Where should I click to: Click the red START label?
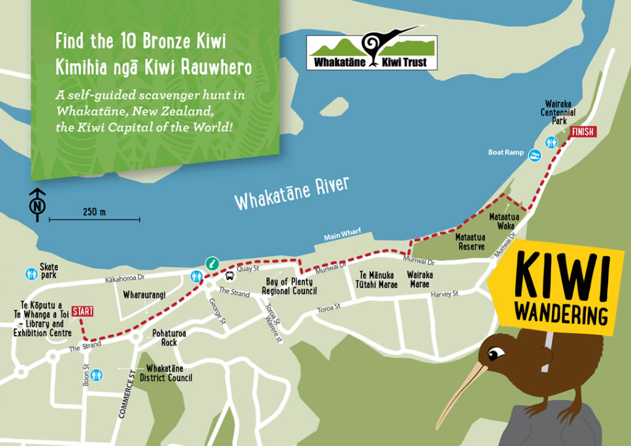coord(83,311)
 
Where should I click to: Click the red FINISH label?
coord(583,132)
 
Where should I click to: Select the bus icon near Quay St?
coord(230,276)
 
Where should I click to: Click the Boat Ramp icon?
coord(534,154)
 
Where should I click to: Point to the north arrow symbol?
coord(38,205)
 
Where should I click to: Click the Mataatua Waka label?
coord(504,221)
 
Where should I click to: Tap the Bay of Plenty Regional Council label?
coord(289,286)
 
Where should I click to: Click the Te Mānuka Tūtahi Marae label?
coord(377,280)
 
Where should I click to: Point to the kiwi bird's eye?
coord(495,354)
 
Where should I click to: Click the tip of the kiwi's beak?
coord(439,428)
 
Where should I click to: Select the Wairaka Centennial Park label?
coord(558,113)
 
